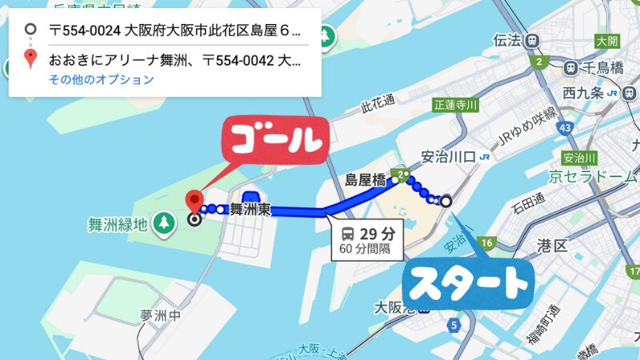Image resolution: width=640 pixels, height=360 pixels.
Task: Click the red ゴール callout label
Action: point(276,140)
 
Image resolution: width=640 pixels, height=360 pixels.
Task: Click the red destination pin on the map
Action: point(192,199)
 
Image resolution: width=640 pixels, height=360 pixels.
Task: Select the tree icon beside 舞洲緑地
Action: point(164,221)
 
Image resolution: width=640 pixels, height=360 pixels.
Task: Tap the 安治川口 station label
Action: point(449,156)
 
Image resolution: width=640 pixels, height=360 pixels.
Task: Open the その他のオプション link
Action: point(101,79)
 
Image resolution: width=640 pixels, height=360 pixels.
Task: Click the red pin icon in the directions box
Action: point(30,58)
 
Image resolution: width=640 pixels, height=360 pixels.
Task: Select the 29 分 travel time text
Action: point(378,234)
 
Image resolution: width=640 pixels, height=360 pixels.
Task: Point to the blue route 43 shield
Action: point(566,127)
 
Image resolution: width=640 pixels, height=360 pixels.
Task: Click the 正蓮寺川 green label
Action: point(454,105)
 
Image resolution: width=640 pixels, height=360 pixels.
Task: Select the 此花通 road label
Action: point(378,102)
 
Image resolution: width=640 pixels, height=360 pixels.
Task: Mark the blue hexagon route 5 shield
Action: point(454,325)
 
